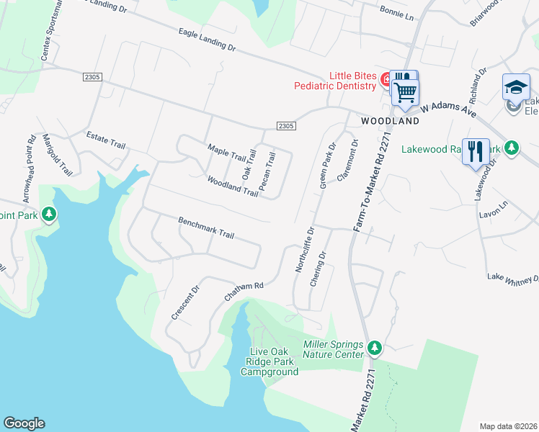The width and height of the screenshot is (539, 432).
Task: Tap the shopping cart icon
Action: click(x=406, y=92)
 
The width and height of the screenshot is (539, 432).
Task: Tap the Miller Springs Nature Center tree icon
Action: click(x=374, y=348)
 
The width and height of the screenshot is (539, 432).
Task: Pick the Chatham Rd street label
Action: click(x=244, y=290)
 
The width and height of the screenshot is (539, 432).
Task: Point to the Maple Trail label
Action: click(x=227, y=152)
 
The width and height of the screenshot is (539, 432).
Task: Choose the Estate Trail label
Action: click(x=106, y=139)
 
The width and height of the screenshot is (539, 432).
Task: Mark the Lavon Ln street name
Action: click(x=498, y=204)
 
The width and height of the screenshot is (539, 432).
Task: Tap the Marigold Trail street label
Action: click(x=58, y=155)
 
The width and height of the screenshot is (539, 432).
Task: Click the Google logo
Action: click(x=24, y=423)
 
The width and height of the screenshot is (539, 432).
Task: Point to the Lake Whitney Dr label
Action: click(x=512, y=278)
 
